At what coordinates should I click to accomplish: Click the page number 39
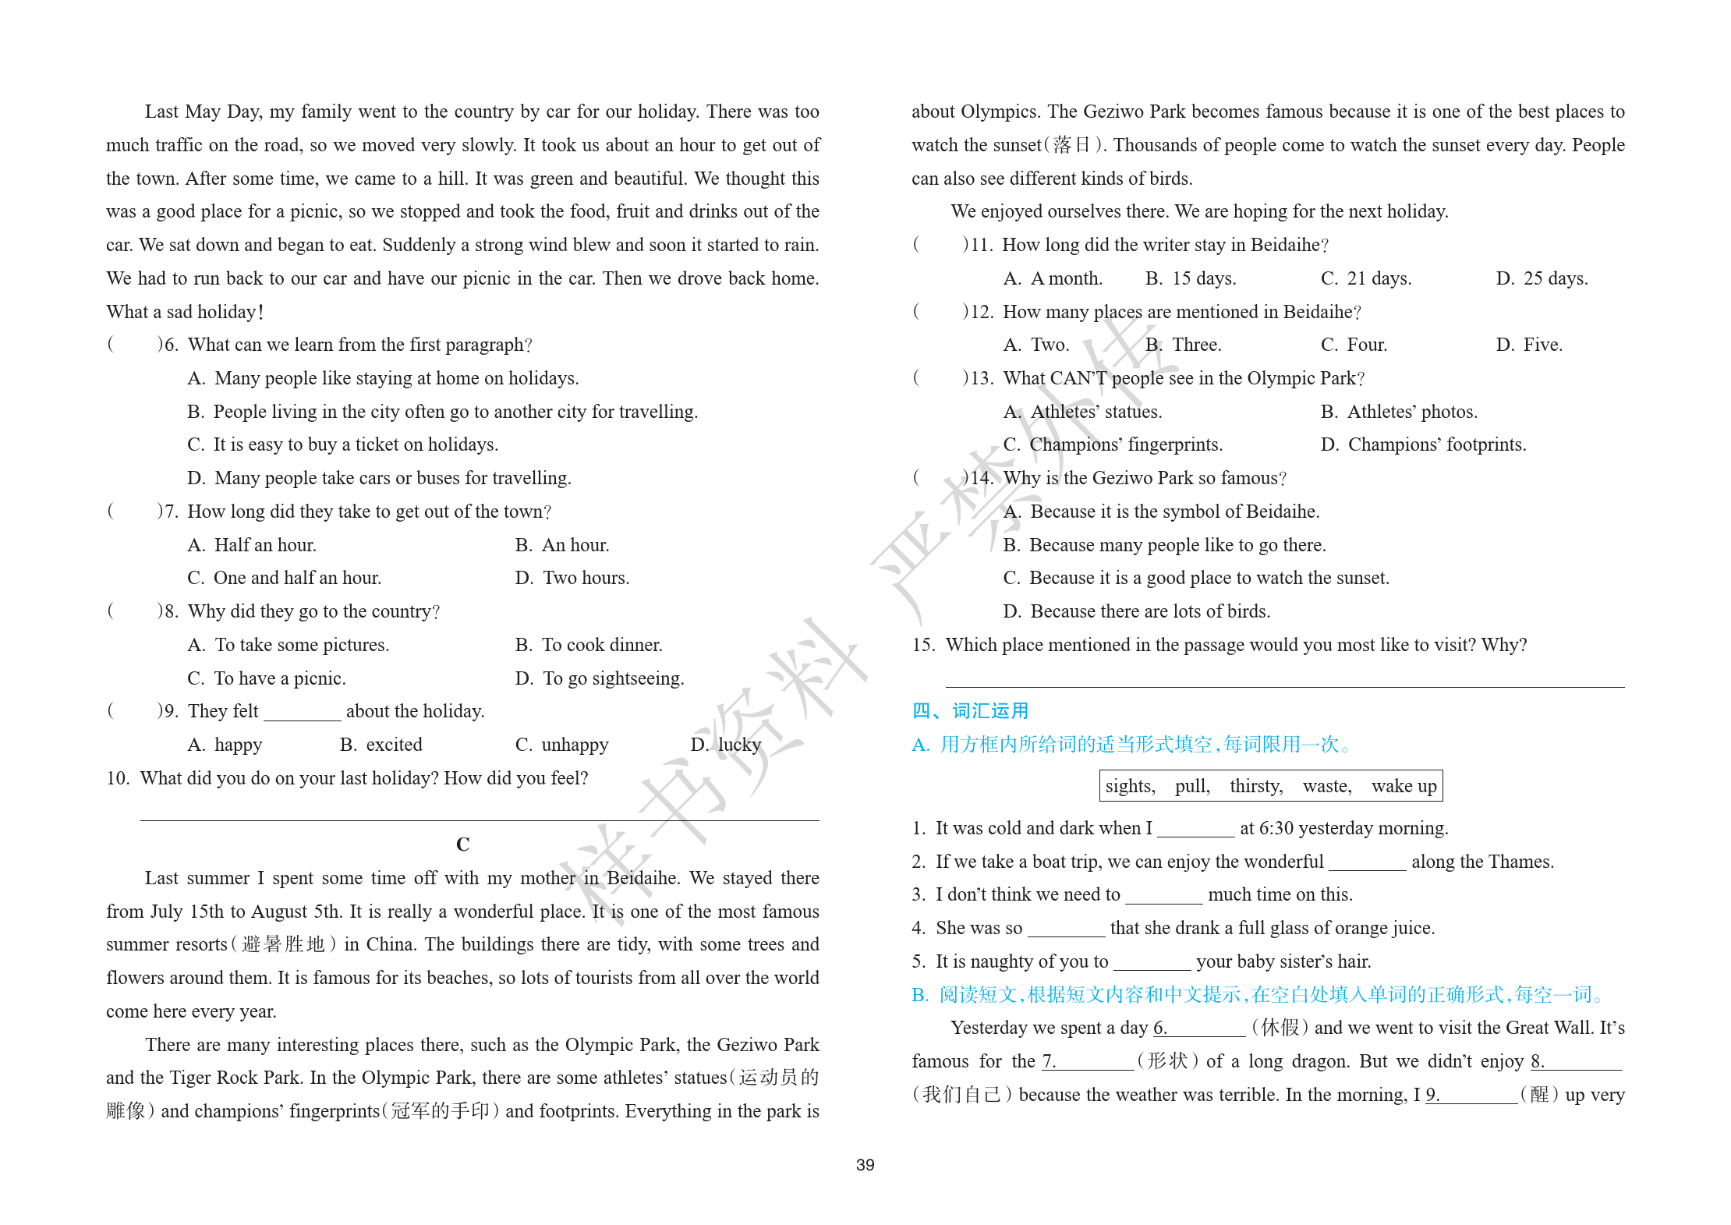coord(865,1165)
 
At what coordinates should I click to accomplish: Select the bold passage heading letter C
coord(462,844)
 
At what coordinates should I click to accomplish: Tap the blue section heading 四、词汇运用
coord(970,711)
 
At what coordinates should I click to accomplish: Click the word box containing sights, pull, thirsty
coord(1270,786)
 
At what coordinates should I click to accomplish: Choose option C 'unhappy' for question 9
coord(561,745)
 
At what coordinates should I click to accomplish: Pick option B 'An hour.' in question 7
coord(562,545)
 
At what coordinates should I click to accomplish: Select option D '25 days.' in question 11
coord(1542,278)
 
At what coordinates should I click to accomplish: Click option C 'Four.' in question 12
coord(1354,345)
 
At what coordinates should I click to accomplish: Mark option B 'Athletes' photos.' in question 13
coord(1400,412)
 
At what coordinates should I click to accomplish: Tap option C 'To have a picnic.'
coord(267,678)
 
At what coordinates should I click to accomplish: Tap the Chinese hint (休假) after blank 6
coord(1280,1028)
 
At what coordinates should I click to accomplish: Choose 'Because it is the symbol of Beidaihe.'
coord(1162,512)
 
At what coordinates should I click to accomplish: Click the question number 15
coord(923,645)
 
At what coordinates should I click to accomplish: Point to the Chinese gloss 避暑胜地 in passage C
coord(283,944)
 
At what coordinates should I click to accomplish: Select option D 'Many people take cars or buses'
coord(380,478)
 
